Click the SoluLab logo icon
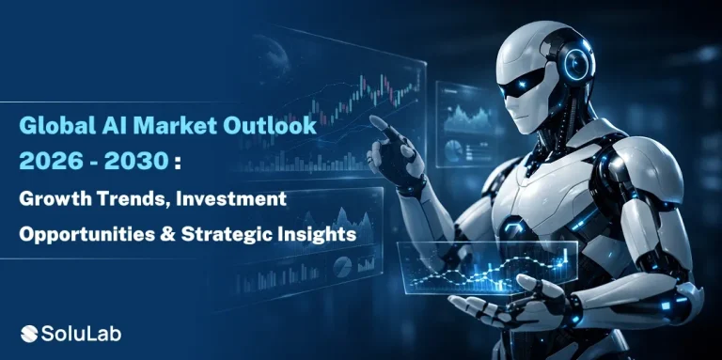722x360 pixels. click(x=31, y=332)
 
